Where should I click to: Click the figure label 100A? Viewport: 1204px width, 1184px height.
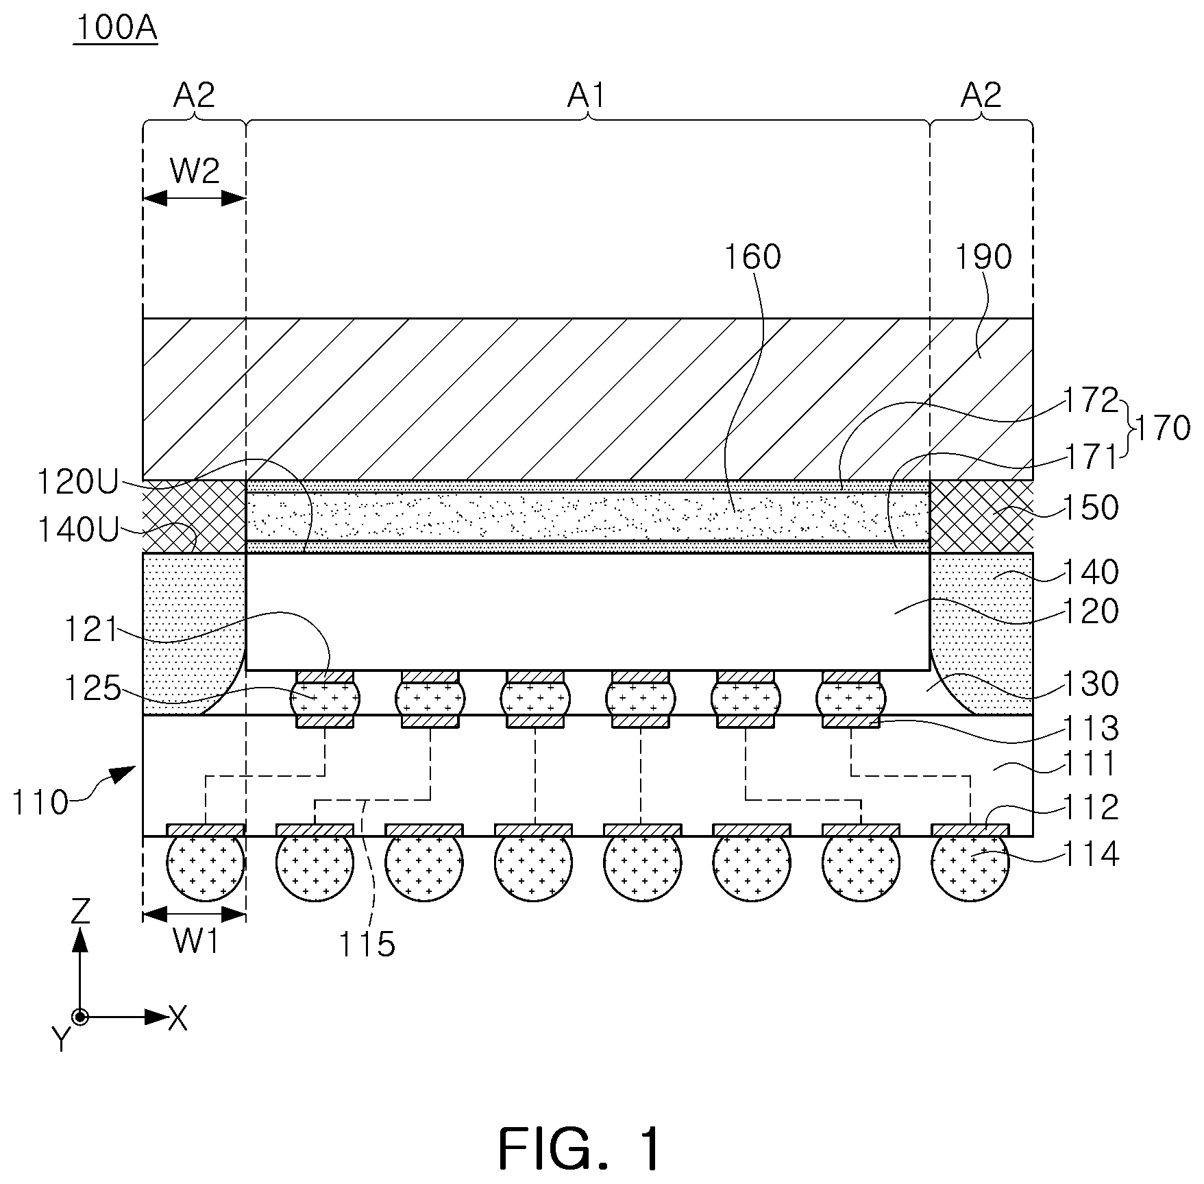tap(116, 29)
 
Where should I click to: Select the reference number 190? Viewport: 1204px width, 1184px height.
tap(983, 257)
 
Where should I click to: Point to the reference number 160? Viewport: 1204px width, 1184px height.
tap(753, 257)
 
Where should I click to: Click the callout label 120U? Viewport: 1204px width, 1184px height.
tap(73, 483)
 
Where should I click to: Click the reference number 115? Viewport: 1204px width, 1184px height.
tap(367, 945)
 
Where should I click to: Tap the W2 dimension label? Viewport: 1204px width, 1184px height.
tap(195, 171)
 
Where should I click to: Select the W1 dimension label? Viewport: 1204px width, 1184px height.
tap(195, 942)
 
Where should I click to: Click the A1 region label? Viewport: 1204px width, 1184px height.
tap(587, 96)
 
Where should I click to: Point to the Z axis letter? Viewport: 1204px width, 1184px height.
tap(81, 912)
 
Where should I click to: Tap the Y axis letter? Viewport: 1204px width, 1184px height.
tap(62, 1041)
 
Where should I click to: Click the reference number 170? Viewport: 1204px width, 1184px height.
tap(1162, 428)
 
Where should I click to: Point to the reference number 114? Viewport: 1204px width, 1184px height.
tap(1090, 855)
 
